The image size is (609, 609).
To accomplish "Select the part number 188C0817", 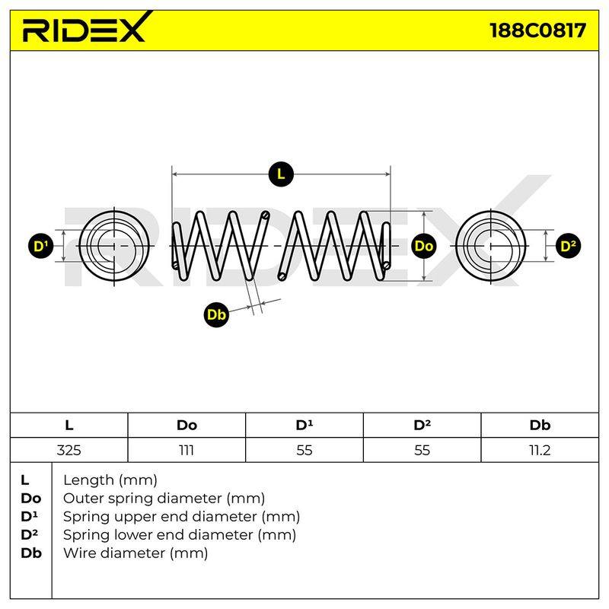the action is click(x=538, y=30).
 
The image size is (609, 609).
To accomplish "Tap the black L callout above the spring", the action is click(x=281, y=174).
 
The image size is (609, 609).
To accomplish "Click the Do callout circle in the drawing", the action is click(x=423, y=246).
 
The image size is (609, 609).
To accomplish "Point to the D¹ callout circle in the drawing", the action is click(x=41, y=246).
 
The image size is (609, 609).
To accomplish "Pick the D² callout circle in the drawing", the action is click(x=568, y=246).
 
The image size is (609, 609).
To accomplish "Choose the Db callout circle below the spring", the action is click(x=216, y=314).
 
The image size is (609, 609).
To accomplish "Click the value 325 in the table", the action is click(x=69, y=450).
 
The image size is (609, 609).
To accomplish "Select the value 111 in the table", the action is click(x=187, y=450).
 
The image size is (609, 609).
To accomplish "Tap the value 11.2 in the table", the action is click(x=540, y=450).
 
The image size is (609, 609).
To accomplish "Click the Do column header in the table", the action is click(x=187, y=426).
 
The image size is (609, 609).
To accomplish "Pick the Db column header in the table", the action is click(x=540, y=426).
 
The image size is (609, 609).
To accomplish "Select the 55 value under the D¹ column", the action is click(x=304, y=450).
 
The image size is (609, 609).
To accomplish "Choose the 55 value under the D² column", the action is click(x=422, y=450).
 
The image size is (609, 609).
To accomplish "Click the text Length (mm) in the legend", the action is click(x=110, y=480).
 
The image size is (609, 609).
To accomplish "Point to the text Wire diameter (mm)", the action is click(x=136, y=553).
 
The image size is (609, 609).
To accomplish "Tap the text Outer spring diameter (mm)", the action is click(x=164, y=499).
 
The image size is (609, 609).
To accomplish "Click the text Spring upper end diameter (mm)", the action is click(x=181, y=517).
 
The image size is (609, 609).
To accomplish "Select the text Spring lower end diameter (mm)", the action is click(x=180, y=535).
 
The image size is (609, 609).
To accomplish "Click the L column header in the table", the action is click(x=69, y=426).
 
